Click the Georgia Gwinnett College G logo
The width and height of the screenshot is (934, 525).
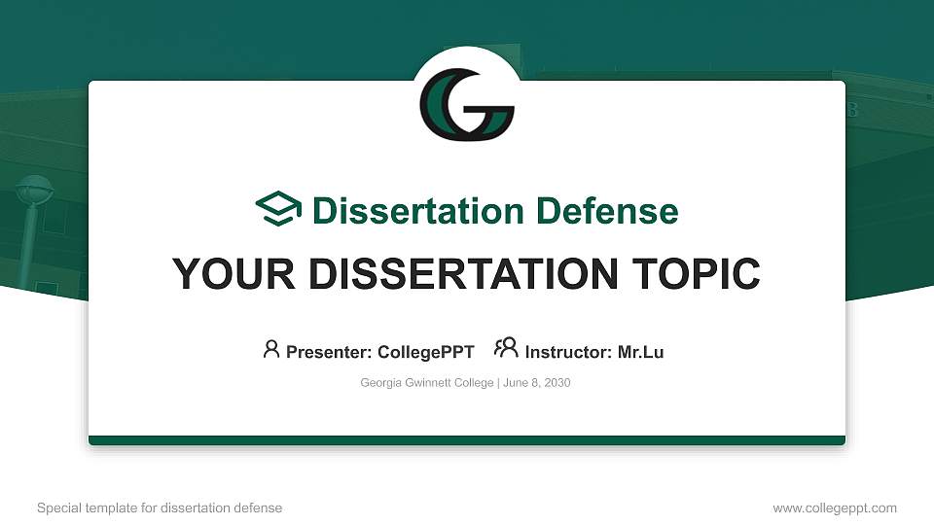pyautogui.click(x=466, y=104)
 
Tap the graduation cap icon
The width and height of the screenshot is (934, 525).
pyautogui.click(x=278, y=210)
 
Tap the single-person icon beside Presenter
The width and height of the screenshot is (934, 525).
pyautogui.click(x=271, y=349)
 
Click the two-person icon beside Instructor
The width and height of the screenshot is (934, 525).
pyautogui.click(x=506, y=348)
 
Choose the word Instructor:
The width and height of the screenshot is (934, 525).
pyautogui.click(x=569, y=352)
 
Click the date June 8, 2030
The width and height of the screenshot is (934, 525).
pyautogui.click(x=536, y=383)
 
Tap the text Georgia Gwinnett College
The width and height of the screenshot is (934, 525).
pyautogui.click(x=427, y=383)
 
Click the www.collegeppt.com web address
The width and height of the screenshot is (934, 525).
pyautogui.click(x=835, y=507)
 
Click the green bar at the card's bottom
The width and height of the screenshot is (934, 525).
pyautogui.click(x=467, y=440)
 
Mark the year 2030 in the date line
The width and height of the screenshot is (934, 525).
pyautogui.click(x=557, y=383)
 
